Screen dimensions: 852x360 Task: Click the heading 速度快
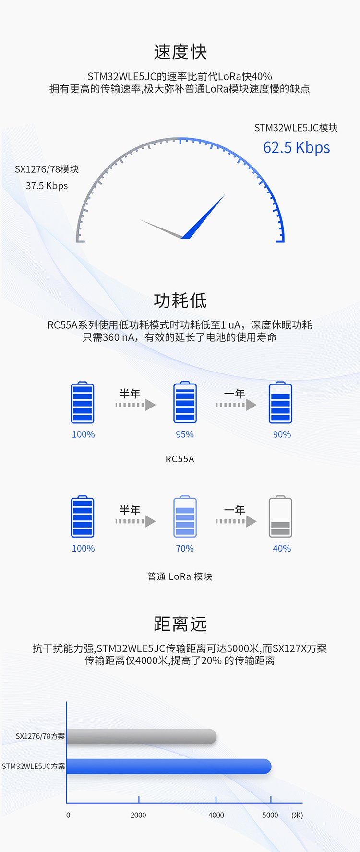tap(180, 52)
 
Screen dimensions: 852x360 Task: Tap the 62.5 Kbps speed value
tap(297, 147)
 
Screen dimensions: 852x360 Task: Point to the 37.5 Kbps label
tap(47, 186)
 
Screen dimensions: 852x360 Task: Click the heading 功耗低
tap(180, 300)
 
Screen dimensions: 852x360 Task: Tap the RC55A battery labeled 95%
tap(185, 403)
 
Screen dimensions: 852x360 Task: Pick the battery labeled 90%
tap(280, 403)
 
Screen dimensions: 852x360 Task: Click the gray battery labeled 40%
tap(280, 517)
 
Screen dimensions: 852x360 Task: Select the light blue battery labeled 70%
tap(185, 517)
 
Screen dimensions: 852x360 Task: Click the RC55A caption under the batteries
tap(180, 459)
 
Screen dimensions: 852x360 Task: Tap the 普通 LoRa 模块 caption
tap(180, 576)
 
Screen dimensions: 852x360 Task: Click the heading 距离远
tap(180, 624)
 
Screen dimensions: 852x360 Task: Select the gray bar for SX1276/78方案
tap(142, 736)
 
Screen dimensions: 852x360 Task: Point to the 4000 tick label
tap(216, 815)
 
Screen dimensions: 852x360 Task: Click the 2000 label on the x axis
tap(138, 815)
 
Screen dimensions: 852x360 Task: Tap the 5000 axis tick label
tap(270, 815)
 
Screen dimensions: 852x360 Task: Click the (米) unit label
tap(297, 815)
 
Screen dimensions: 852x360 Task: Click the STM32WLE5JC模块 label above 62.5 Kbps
tap(296, 128)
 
